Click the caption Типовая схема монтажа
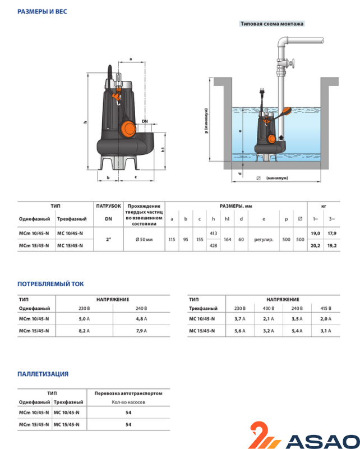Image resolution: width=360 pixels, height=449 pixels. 271,24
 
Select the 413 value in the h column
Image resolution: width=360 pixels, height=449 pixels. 213,232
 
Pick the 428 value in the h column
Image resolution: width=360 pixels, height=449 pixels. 213,245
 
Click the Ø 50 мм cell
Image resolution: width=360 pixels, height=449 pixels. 144,240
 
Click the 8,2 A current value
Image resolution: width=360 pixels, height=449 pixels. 85,331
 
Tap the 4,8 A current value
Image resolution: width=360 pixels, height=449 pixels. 141,319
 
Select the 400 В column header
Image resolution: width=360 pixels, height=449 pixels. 269,309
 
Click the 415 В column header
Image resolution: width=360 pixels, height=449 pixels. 326,309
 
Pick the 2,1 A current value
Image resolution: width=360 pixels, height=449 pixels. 269,319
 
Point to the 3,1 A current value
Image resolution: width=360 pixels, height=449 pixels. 326,331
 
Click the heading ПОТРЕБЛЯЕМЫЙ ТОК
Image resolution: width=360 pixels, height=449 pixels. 50,285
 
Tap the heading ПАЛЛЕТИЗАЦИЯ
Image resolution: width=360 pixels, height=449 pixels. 43,374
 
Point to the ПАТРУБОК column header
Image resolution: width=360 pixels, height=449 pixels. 108,206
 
